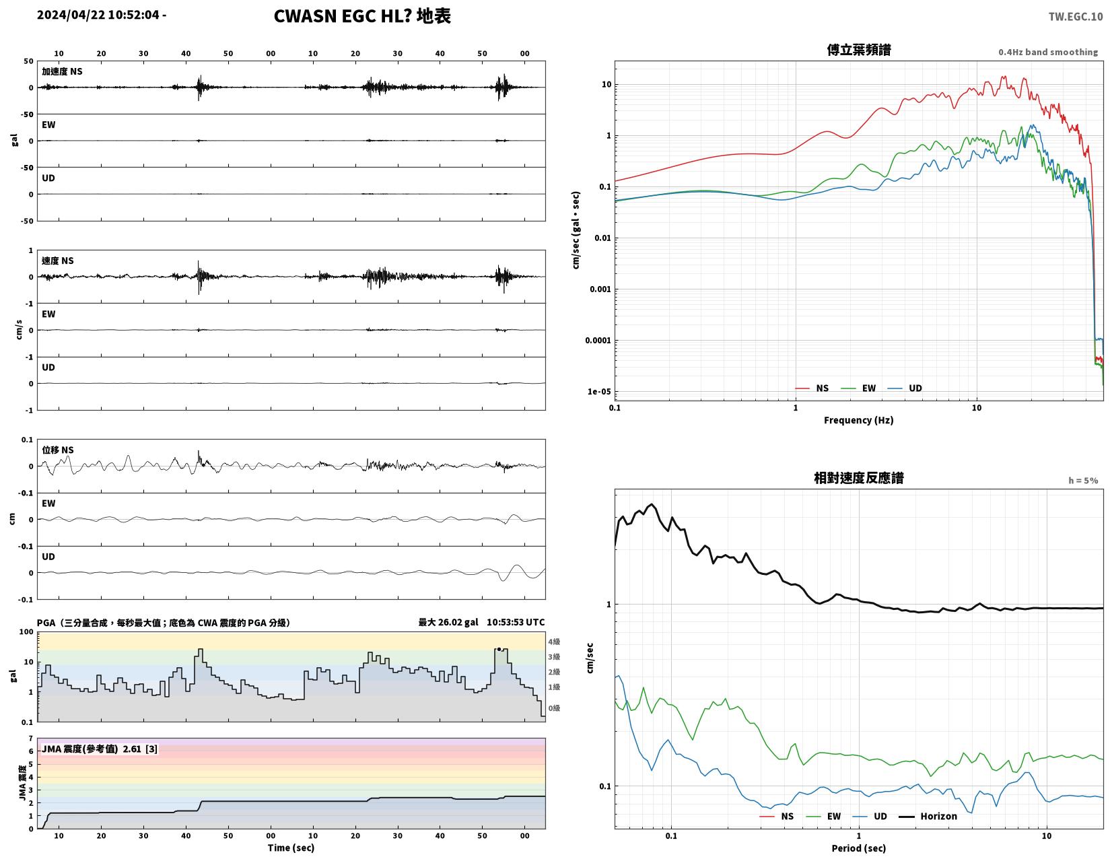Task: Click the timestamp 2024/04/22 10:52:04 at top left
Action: [x=98, y=15]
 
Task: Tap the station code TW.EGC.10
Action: [x=1075, y=17]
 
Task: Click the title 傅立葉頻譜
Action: [x=858, y=50]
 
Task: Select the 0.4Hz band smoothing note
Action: [x=1047, y=52]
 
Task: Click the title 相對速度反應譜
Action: [x=858, y=478]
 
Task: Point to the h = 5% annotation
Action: [x=1082, y=481]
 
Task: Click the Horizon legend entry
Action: [x=928, y=816]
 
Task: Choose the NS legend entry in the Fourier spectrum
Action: [x=812, y=388]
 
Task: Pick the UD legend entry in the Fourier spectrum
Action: [x=905, y=388]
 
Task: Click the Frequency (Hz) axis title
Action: [x=858, y=420]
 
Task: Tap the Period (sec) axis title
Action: [x=858, y=848]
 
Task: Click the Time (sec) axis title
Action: [x=291, y=848]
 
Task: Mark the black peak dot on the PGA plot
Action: [x=499, y=649]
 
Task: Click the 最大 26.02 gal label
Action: [x=448, y=622]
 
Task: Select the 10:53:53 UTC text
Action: [x=515, y=622]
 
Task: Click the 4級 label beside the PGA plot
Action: [x=554, y=642]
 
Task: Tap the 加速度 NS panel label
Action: [x=62, y=71]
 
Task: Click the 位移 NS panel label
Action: [x=58, y=450]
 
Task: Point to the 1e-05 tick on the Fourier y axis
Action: [x=598, y=392]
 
